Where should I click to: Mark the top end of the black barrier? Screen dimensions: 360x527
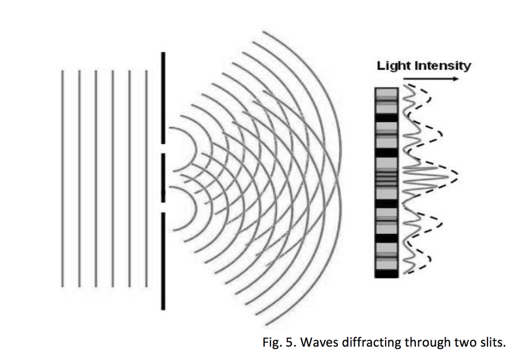click(163, 54)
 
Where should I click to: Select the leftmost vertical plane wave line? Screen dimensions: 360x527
click(62, 177)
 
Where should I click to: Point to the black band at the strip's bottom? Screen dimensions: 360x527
click(385, 273)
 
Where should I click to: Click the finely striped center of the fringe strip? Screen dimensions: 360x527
click(385, 174)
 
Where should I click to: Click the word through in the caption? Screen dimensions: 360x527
click(428, 342)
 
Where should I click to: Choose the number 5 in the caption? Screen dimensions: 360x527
click(291, 342)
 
